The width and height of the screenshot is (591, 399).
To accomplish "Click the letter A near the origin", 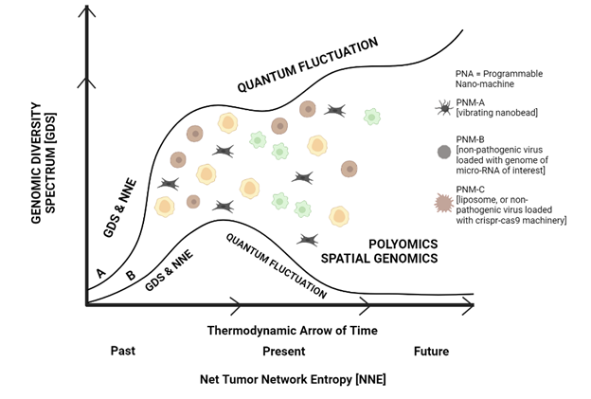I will pos(101,273).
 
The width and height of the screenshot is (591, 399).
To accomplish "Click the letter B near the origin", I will pos(130,278).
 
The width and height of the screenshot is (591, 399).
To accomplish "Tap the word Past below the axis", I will pos(121,350).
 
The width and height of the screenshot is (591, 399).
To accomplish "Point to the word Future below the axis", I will pos(431,351).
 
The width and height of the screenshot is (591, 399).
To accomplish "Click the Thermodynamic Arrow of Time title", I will pos(292,330).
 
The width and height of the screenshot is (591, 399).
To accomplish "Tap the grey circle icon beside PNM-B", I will pos(443,152).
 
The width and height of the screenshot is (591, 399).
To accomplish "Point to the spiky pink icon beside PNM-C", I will pos(443,202).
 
